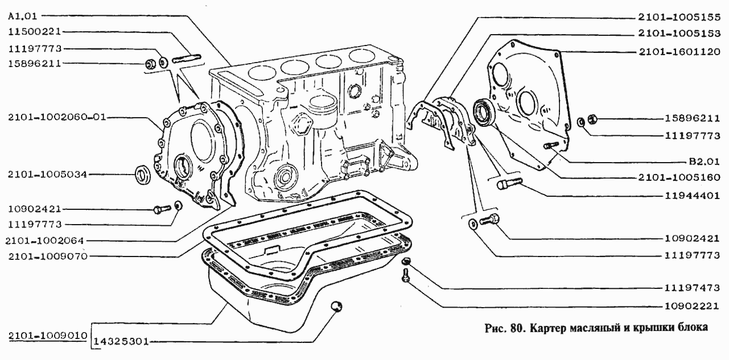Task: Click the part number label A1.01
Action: click(x=23, y=16)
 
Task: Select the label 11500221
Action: click(x=35, y=32)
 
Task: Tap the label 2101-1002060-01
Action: click(x=57, y=117)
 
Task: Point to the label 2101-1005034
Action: click(x=48, y=175)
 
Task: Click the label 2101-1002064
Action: click(x=44, y=241)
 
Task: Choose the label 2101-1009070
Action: click(x=48, y=256)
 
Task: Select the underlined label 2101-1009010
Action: click(x=48, y=336)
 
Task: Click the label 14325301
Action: click(x=121, y=342)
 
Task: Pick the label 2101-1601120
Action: click(x=679, y=52)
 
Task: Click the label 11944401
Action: click(x=692, y=196)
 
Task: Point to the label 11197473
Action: click(x=692, y=288)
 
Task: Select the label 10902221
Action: click(x=692, y=306)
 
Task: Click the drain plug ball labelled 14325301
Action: click(x=336, y=307)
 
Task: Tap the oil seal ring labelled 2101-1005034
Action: click(x=143, y=175)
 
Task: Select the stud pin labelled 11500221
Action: click(x=187, y=59)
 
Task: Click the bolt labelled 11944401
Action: click(x=509, y=183)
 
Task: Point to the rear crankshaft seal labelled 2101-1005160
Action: click(x=484, y=111)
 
